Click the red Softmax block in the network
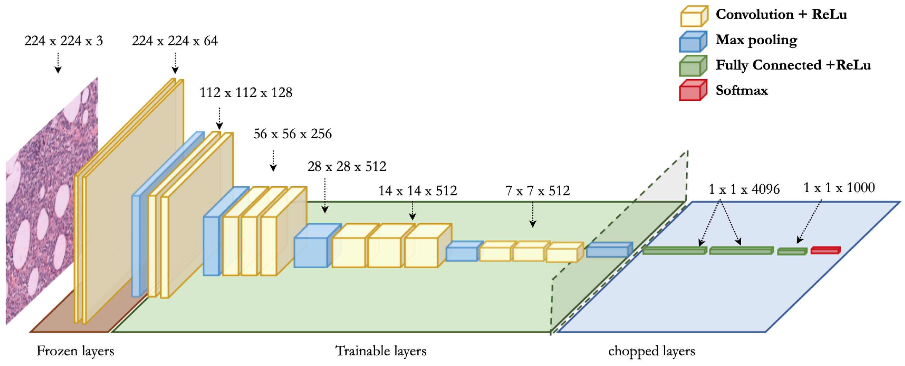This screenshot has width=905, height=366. (825, 250)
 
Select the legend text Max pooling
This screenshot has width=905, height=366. (756, 40)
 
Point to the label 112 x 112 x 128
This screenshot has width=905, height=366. (246, 93)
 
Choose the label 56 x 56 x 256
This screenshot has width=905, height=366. (292, 134)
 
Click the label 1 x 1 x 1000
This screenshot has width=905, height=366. (839, 188)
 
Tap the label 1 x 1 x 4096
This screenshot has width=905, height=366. (744, 189)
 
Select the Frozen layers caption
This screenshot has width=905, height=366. (75, 351)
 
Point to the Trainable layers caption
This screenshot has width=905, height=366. (381, 351)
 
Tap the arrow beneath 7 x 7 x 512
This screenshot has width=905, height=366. (533, 215)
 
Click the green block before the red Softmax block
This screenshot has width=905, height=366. (792, 251)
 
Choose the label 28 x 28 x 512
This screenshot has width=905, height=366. (346, 167)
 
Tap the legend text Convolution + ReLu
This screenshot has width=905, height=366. (781, 14)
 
